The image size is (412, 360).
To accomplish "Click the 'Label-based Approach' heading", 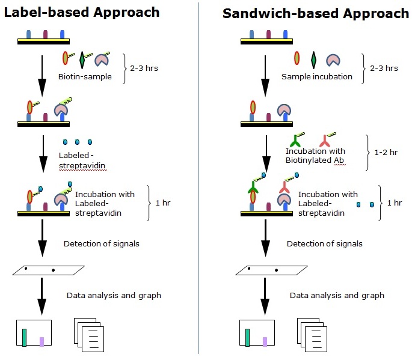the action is click(x=82, y=13).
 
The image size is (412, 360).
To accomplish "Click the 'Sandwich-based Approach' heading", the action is click(x=316, y=13).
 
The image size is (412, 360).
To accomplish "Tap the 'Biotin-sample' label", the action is click(x=85, y=77).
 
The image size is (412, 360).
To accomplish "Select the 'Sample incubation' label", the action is click(x=316, y=77).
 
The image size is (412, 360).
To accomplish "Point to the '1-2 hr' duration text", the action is click(x=386, y=152).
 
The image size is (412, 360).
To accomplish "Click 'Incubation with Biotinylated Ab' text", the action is click(x=315, y=156).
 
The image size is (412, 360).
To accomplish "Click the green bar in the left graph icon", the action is click(x=24, y=338).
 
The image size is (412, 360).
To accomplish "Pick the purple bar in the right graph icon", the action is click(x=265, y=341).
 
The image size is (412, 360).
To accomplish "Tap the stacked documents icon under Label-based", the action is click(x=89, y=335).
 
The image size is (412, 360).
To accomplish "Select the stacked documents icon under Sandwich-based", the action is click(x=312, y=335).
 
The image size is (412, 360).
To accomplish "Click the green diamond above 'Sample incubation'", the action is click(x=313, y=60).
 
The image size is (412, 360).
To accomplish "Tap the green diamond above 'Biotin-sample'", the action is click(x=82, y=60).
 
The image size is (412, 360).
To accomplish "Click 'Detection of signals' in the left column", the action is click(x=102, y=243).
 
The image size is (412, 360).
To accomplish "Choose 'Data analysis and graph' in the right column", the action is click(x=337, y=296).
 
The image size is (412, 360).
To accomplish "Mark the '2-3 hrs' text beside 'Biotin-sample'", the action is click(x=144, y=69).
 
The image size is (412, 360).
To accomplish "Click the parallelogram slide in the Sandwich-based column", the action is click(x=271, y=270).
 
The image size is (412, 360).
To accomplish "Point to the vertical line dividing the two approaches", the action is click(x=199, y=178).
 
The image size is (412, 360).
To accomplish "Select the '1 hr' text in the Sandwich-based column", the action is click(x=395, y=203).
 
